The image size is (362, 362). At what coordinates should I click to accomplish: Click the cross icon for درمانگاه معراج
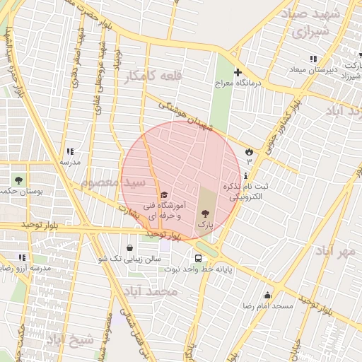(238, 72)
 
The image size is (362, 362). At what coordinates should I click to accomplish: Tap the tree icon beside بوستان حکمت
(18, 180)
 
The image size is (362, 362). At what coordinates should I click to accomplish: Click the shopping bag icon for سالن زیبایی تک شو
(130, 248)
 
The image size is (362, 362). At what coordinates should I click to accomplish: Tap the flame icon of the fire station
(249, 151)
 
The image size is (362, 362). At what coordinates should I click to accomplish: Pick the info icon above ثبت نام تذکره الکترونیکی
(245, 175)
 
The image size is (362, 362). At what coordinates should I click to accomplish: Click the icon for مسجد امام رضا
(267, 296)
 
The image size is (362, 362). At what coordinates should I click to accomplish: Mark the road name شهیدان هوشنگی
(185, 116)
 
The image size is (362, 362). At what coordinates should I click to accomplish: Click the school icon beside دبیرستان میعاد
(313, 58)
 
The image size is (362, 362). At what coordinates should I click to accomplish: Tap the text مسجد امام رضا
(269, 306)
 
